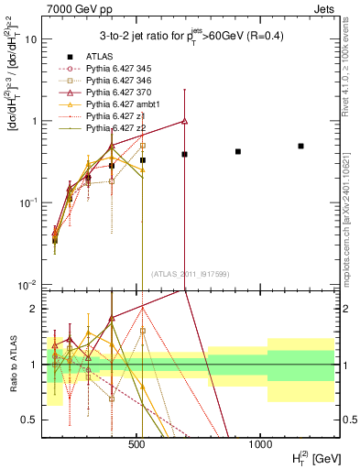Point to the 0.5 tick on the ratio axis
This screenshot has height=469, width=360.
point(32,420)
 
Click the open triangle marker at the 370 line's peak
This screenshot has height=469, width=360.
point(185,121)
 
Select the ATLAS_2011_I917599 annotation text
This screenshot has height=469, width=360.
point(190,274)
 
